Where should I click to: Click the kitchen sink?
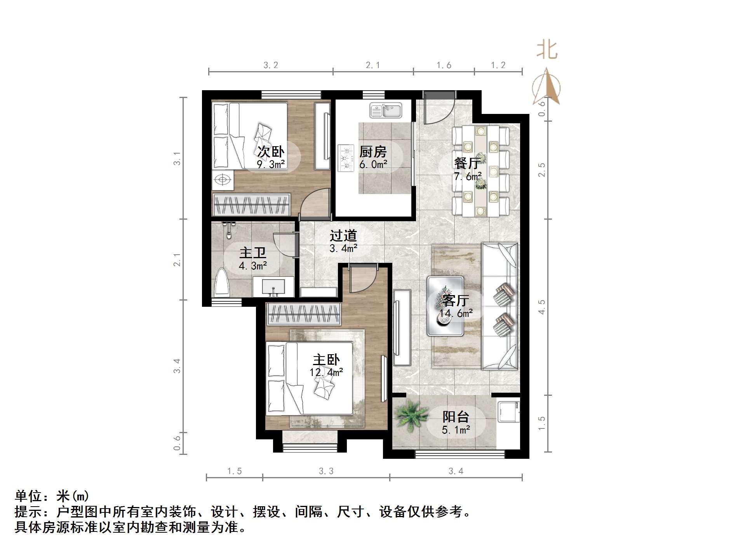(386, 110)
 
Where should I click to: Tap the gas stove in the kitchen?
(346, 158)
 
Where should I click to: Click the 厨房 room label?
(373, 152)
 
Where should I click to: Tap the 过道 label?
(343, 236)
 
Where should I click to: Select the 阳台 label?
(456, 417)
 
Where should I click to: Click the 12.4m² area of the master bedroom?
(326, 372)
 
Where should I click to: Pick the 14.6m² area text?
(456, 313)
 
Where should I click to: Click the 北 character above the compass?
(547, 51)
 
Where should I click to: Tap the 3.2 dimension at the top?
(271, 65)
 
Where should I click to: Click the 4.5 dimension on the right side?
(541, 307)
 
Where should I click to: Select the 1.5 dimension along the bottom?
(234, 471)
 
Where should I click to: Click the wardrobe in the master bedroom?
(303, 314)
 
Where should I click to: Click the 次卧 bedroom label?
(271, 152)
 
